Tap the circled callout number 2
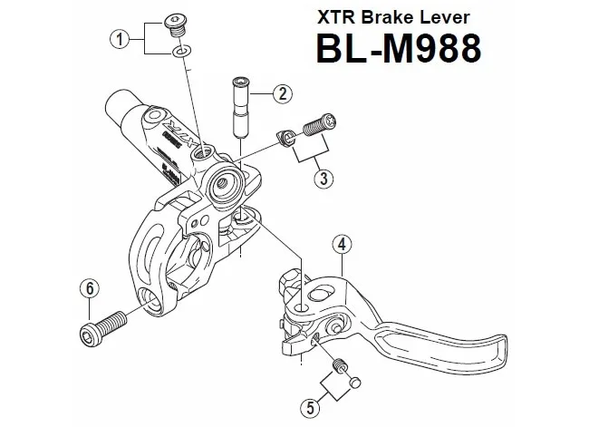tap(284, 93)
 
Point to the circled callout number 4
tap(342, 244)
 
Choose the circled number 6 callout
tap(89, 289)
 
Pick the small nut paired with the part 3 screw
tap(285, 137)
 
